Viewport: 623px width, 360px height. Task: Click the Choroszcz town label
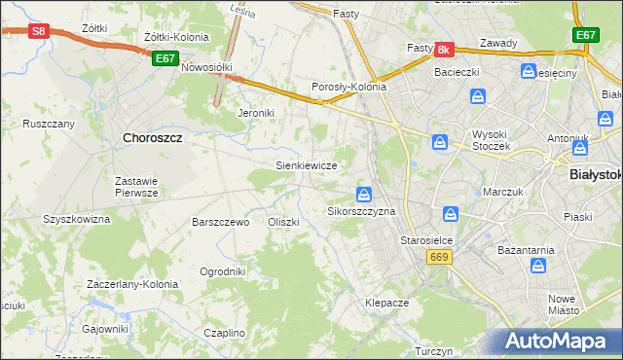pos(154,138)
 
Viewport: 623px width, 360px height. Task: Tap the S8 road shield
pos(38,31)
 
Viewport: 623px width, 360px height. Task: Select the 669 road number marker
pos(438,256)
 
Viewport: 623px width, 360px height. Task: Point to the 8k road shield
pos(443,49)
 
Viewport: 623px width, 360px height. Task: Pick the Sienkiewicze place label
pos(307,166)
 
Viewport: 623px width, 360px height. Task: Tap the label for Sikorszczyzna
pos(361,211)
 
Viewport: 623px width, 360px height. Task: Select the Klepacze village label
pos(386,303)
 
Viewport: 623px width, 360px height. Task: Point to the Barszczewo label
pos(221,222)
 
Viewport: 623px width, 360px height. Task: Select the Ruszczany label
pos(49,125)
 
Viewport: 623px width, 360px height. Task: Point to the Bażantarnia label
pos(527,250)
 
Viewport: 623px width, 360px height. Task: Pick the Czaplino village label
pos(225,333)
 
